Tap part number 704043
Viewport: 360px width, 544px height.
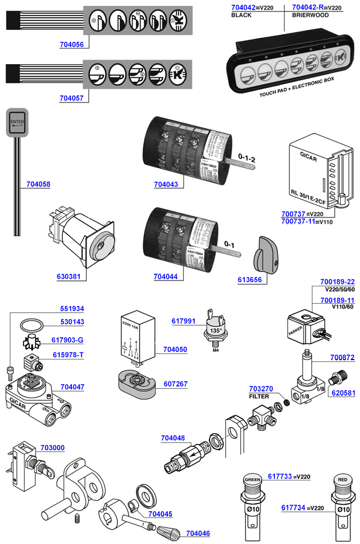165,185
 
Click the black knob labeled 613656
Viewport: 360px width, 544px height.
264,253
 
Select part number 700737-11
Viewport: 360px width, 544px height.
298,222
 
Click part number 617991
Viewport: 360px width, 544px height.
184,321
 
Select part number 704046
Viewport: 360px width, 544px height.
198,533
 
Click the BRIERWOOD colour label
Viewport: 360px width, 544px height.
310,16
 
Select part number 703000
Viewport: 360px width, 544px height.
53,448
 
